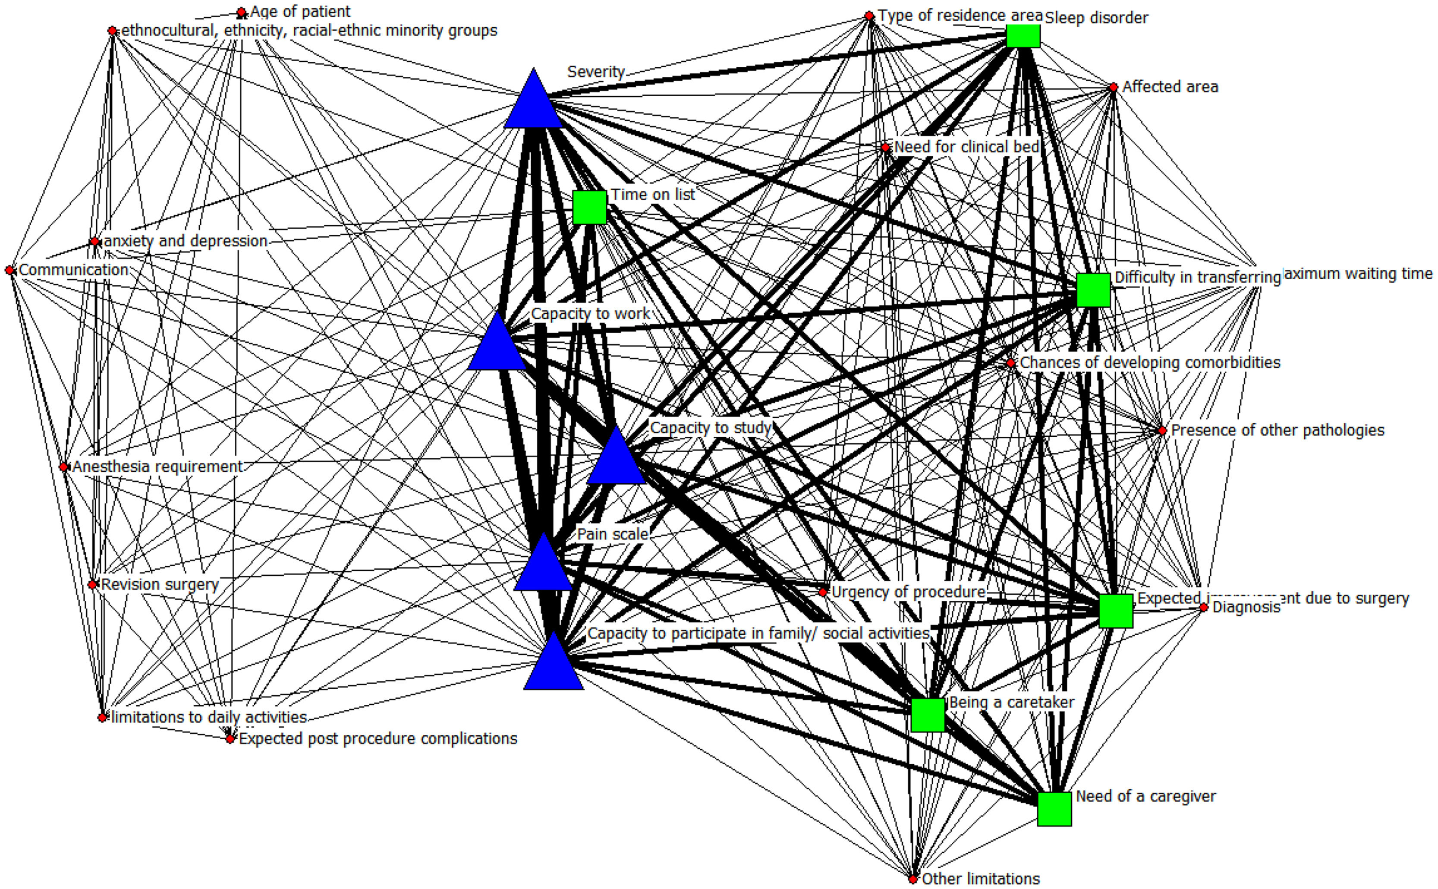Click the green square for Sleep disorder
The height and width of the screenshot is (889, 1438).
1023,35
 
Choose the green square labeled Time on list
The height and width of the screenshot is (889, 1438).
589,207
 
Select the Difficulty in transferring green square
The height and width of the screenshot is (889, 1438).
1093,290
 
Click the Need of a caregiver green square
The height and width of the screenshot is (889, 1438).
1054,809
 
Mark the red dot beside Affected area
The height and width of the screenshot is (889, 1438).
1113,88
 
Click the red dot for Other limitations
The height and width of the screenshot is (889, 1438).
913,880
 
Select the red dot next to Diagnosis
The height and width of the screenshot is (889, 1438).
1204,607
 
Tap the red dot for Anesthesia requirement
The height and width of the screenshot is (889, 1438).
63,467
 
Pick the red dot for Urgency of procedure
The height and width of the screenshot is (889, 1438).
823,592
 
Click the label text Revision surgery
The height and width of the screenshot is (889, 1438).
159,584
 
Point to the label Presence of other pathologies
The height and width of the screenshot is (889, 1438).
1278,430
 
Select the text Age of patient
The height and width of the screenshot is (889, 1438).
300,12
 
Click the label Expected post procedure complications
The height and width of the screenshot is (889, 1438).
378,738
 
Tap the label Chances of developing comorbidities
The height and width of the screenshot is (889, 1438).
1149,363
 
